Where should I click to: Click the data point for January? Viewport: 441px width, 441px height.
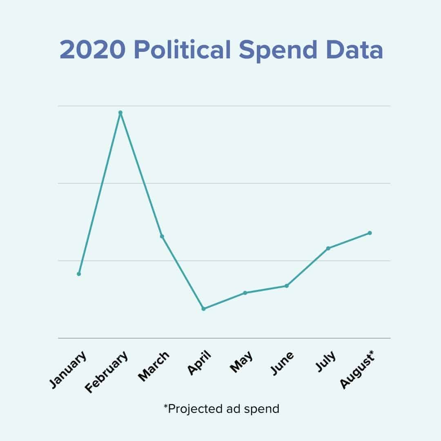(79, 274)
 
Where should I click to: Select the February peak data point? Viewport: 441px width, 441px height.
(120, 113)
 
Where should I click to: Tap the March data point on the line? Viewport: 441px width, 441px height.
(162, 236)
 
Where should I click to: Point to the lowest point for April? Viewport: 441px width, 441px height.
(203, 309)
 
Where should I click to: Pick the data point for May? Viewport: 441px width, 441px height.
(245, 293)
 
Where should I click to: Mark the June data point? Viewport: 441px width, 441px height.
(287, 286)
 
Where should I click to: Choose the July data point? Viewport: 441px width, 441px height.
(328, 248)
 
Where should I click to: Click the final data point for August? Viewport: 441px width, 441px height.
(370, 233)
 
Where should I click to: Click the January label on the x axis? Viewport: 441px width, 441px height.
(69, 369)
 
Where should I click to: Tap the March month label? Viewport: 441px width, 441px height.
(154, 366)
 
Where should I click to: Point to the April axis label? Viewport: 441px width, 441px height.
(200, 362)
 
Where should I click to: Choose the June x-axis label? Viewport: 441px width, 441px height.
(282, 363)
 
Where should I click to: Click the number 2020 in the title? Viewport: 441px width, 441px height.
(93, 51)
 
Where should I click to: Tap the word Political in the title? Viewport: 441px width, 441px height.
(183, 51)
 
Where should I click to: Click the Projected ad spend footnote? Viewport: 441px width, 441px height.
(221, 408)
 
